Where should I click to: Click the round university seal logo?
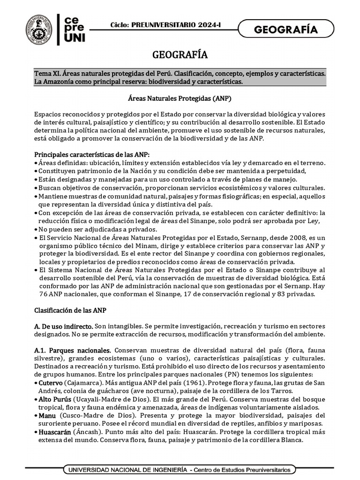(x=39, y=30)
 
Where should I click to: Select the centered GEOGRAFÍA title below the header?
(x=180, y=55)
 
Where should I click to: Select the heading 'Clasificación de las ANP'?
(x=74, y=310)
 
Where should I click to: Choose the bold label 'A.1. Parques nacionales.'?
(x=73, y=350)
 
